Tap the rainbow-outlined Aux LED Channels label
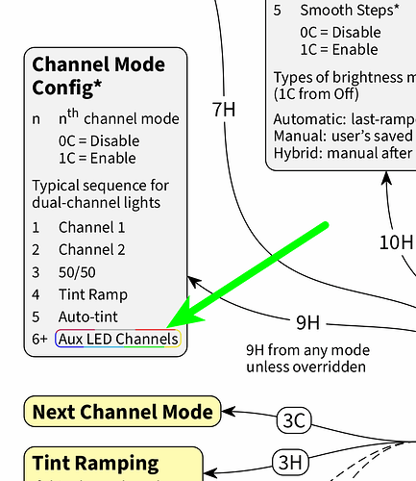click(x=118, y=339)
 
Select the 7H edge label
click(x=223, y=109)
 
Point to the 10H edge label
click(x=395, y=240)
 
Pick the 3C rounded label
click(x=293, y=419)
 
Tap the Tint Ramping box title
click(x=95, y=463)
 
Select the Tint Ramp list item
click(x=92, y=294)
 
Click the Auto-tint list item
click(x=90, y=316)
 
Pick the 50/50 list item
click(x=78, y=272)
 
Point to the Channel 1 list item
click(x=91, y=228)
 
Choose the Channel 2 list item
click(x=91, y=250)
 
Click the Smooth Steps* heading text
click(x=350, y=11)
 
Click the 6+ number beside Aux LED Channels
click(x=39, y=339)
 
